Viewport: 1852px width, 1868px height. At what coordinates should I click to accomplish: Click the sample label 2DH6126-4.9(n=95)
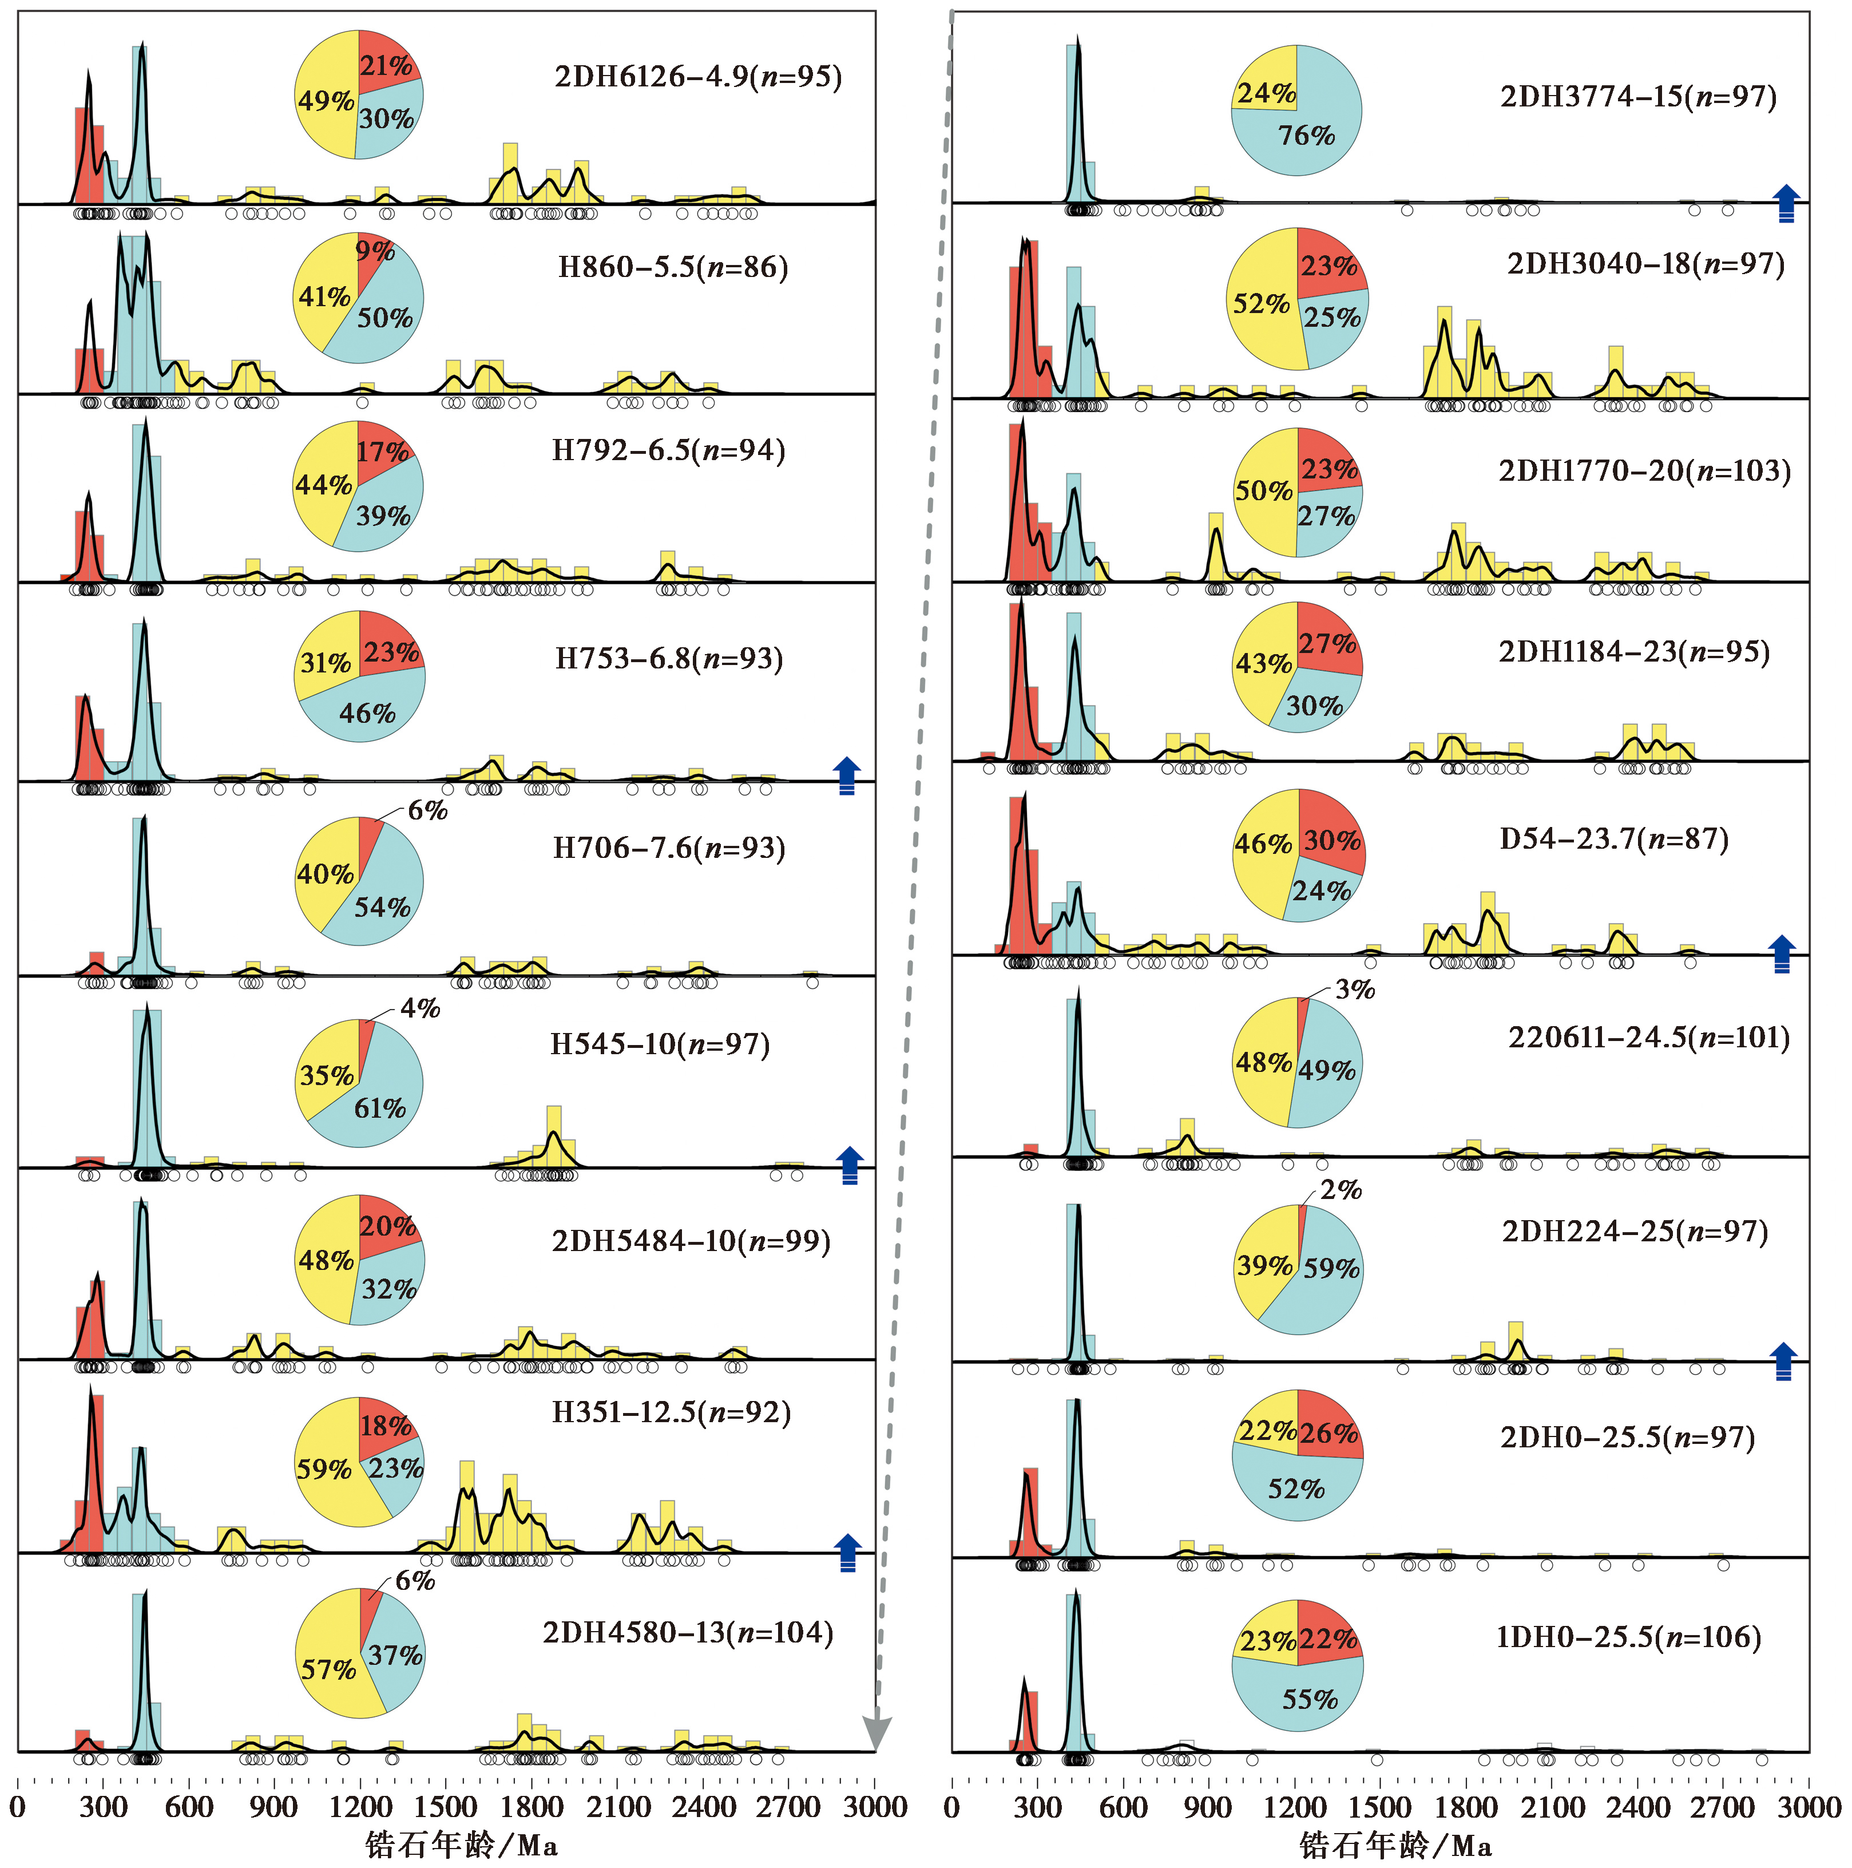pyautogui.click(x=698, y=76)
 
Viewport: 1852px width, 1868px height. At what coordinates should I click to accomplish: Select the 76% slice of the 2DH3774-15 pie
pyautogui.click(x=1307, y=136)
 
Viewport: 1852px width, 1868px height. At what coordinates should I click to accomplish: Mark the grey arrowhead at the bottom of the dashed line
pyautogui.click(x=876, y=1734)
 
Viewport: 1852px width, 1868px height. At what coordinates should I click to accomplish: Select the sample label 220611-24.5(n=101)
pyautogui.click(x=1648, y=1038)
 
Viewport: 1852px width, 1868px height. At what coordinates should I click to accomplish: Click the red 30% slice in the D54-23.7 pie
pyautogui.click(x=1332, y=839)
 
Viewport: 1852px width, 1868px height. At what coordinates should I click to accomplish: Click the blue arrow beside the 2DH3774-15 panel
pyautogui.click(x=1785, y=203)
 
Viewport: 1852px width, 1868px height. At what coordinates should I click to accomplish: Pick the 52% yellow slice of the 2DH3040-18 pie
pyautogui.click(x=1262, y=303)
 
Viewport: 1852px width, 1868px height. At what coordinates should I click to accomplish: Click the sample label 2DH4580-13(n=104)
pyautogui.click(x=687, y=1633)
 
